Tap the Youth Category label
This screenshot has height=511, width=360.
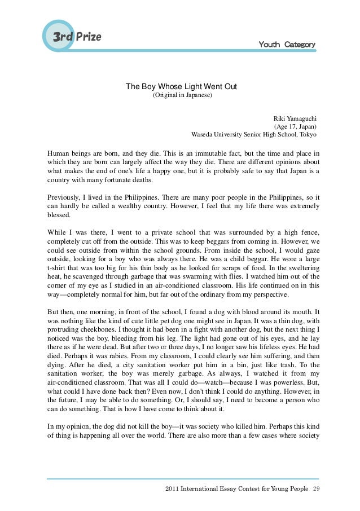[287, 45]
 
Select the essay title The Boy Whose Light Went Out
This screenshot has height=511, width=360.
[181, 87]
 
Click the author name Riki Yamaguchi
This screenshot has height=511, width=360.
[295, 118]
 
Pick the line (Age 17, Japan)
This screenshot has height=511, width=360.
[296, 127]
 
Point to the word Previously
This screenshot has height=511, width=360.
[64, 197]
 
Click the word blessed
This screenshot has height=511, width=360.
[59, 215]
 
